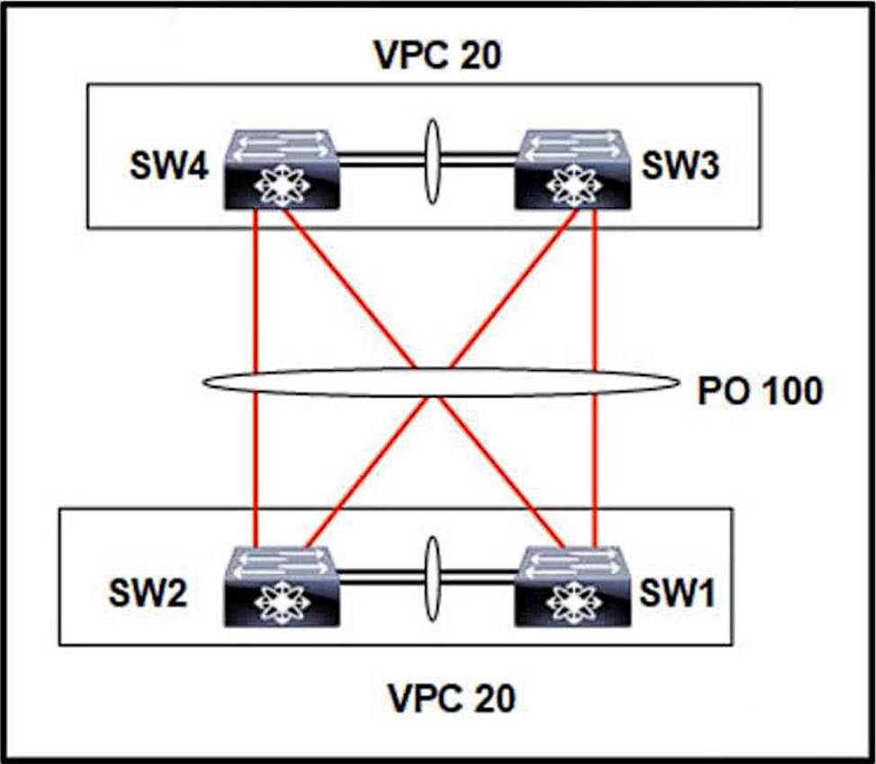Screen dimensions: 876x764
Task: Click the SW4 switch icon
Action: [282, 170]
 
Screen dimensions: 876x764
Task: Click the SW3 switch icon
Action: [572, 170]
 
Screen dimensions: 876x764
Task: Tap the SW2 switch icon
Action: [282, 587]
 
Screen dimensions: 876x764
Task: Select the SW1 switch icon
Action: [572, 587]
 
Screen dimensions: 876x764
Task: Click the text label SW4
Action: [169, 166]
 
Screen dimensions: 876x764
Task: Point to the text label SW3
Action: [680, 166]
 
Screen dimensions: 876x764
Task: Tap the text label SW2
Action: [147, 592]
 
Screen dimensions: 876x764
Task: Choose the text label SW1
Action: [677, 592]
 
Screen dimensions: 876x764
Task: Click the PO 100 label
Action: [760, 391]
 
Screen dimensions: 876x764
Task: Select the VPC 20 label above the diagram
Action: [439, 55]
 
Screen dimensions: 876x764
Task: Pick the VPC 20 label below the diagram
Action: [451, 698]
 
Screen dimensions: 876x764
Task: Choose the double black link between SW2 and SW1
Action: [427, 577]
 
